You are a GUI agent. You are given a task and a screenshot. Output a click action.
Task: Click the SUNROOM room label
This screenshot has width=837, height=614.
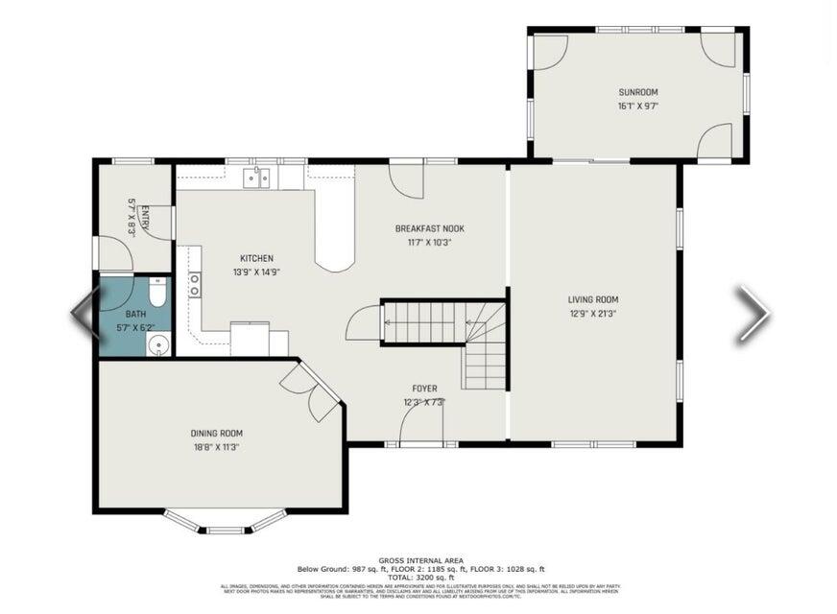coord(638,92)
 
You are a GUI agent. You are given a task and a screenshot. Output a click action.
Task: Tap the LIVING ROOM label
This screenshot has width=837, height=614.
coord(592,299)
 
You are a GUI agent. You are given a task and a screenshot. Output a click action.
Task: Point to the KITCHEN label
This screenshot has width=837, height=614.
coord(256,258)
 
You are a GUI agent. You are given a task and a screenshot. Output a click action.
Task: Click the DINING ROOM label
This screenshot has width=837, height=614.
coord(216,433)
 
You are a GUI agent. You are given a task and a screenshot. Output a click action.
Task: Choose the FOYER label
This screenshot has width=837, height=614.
coord(424,389)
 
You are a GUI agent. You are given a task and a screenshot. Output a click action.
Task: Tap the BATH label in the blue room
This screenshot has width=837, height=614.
coord(135,314)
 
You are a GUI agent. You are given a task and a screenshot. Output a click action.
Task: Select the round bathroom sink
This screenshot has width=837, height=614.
coord(158,344)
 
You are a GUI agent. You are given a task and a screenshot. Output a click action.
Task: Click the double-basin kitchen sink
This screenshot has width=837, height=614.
coord(256,177)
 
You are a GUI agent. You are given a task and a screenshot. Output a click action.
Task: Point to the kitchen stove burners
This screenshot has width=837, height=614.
coord(195,285)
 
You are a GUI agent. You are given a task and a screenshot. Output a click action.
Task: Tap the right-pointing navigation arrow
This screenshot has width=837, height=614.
coord(753,313)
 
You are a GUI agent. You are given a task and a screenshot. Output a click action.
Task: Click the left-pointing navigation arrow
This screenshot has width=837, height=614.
coord(84,313)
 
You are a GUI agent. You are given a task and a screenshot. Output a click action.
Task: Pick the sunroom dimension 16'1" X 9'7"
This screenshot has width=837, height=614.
coord(638,106)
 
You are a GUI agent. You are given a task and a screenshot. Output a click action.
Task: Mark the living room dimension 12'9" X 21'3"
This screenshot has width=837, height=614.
coord(592,313)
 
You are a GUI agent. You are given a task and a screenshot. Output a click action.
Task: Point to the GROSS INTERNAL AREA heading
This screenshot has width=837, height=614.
coord(420,560)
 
